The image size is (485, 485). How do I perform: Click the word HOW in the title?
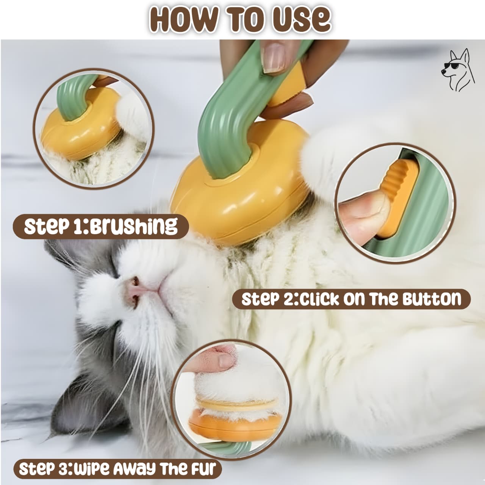click(184, 20)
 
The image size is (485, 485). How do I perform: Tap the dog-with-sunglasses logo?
click(458, 70)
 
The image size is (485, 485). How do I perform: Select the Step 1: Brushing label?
click(101, 226)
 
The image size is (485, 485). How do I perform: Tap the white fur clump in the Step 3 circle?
click(236, 388)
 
